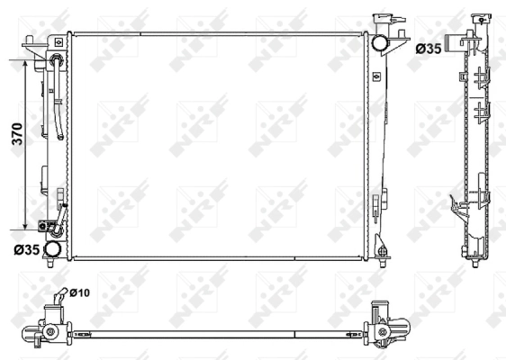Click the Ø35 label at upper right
coord(428,48)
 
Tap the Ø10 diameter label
coord(79,292)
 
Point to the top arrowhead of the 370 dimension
coord(24,66)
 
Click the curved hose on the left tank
coord(57,99)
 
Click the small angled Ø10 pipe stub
coord(60,298)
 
